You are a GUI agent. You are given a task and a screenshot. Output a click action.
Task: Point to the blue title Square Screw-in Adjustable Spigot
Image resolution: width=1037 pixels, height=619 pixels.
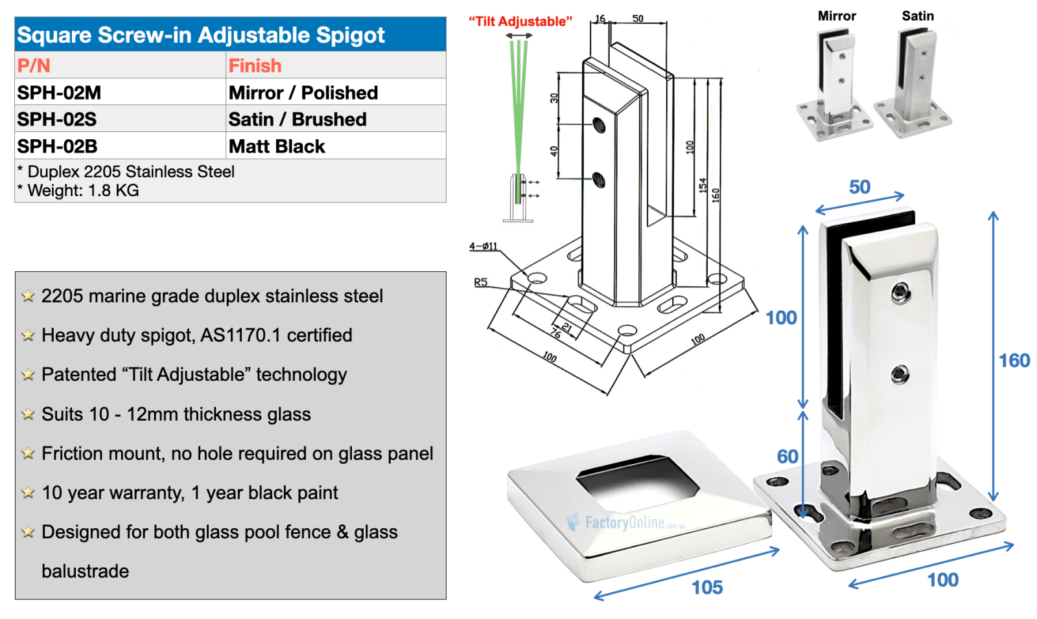(x=201, y=35)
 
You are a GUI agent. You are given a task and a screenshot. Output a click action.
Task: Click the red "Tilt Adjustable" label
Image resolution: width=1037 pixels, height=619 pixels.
(x=520, y=21)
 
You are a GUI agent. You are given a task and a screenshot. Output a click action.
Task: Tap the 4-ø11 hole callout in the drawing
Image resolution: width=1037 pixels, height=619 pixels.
(x=484, y=246)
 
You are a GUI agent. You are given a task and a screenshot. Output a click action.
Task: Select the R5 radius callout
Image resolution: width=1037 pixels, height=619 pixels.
(x=480, y=282)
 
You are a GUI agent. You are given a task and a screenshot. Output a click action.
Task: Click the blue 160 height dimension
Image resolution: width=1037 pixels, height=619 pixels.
(x=1014, y=361)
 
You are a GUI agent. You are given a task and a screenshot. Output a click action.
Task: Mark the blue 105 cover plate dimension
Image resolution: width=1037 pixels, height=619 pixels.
(x=707, y=587)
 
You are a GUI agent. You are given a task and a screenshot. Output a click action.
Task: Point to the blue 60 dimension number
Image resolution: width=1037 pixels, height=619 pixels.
(x=787, y=456)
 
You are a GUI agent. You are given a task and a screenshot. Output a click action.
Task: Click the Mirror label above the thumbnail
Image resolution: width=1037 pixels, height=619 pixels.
(x=837, y=16)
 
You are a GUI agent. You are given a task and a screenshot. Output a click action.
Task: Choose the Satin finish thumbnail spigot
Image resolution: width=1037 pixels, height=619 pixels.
(x=913, y=84)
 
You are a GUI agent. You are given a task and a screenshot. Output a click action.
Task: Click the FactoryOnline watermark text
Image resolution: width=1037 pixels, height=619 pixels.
(x=625, y=523)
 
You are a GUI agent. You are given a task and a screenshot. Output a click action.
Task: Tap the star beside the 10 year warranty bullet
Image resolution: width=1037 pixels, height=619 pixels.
(x=28, y=493)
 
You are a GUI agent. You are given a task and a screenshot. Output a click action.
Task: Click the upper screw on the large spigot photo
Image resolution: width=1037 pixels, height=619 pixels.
(x=900, y=293)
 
